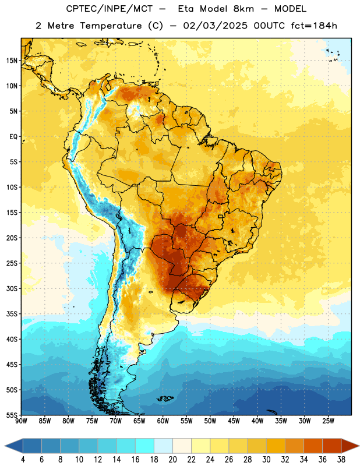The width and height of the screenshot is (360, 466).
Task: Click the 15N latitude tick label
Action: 12,61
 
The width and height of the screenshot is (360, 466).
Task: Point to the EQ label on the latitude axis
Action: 13,137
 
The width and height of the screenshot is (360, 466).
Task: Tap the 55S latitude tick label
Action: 12,415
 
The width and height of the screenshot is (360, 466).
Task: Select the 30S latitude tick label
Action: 12,288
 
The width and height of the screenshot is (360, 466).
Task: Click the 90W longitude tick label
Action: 21,421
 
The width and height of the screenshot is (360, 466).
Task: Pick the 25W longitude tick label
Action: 328,421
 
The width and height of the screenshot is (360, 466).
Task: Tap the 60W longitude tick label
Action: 163,421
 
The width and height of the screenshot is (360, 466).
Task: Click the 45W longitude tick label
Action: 234,421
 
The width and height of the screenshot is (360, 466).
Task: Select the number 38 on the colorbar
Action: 341,460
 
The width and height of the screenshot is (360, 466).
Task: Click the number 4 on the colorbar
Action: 23,460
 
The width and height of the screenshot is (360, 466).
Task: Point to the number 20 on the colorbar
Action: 172,460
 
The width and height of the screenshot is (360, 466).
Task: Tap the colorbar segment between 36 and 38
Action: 332,446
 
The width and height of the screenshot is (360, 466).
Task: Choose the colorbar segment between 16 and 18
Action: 144,446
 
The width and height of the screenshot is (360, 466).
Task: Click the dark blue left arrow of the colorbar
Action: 13,446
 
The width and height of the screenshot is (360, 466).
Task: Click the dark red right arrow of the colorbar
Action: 351,446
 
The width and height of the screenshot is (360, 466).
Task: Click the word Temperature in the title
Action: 111,26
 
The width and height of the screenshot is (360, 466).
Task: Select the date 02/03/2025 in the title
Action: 215,26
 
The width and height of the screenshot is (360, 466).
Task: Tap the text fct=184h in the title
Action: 314,26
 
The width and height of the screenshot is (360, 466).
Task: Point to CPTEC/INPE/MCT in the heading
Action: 110,9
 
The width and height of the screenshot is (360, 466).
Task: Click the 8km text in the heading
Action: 243,9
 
